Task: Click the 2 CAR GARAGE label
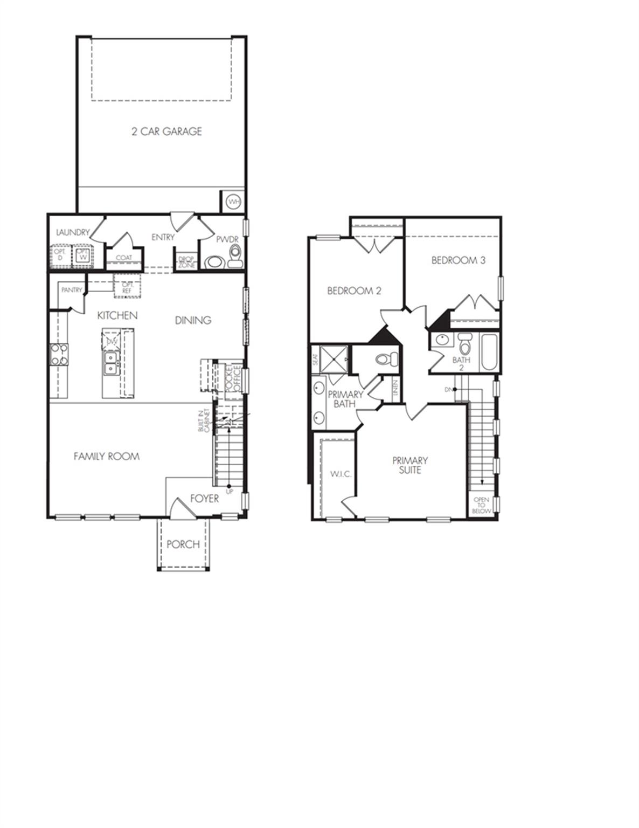[166, 131]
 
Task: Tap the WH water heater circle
[233, 202]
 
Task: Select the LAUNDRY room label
[73, 232]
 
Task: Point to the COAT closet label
[124, 258]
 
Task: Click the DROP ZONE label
[186, 261]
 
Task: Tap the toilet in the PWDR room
[235, 257]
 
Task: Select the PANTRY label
[72, 290]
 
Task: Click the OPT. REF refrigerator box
[127, 287]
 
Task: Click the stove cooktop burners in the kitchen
[59, 355]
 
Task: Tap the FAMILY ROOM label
[107, 456]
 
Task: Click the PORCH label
[183, 544]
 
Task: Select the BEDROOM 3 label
[459, 260]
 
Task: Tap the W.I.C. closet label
[341, 474]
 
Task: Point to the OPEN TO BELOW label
[481, 505]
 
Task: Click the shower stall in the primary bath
[331, 357]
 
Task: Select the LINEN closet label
[395, 387]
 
